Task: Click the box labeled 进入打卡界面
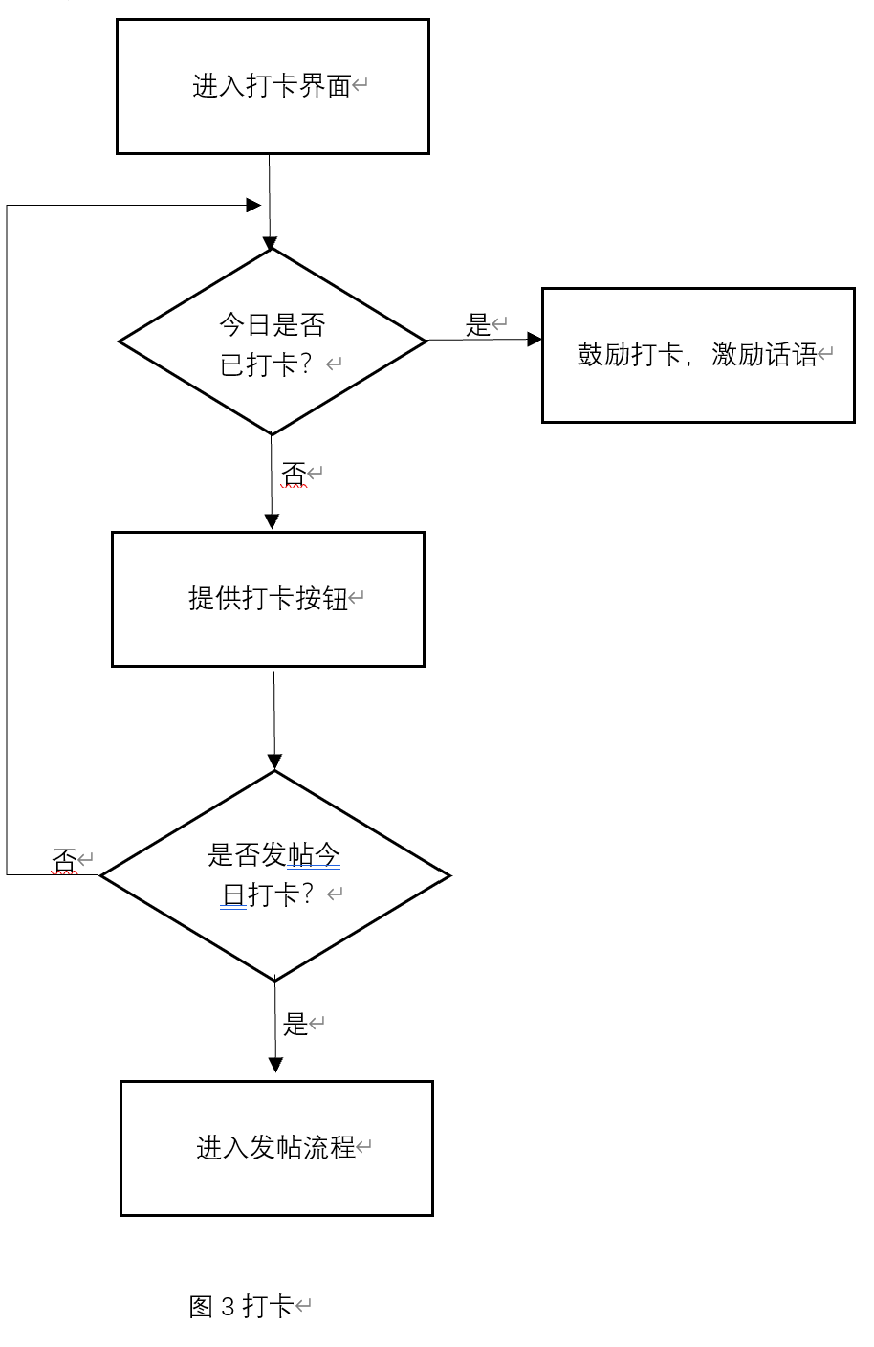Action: tap(273, 86)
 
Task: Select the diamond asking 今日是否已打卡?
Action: tap(273, 342)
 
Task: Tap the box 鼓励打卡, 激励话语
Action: tap(698, 355)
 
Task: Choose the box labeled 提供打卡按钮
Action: tap(268, 599)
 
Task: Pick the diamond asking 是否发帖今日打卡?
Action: tap(275, 875)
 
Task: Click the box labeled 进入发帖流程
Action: tap(276, 1148)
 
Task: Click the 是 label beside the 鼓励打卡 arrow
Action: tap(478, 325)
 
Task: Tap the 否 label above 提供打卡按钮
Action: tap(294, 474)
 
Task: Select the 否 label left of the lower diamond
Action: tap(64, 861)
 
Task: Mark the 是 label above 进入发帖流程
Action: tap(295, 1025)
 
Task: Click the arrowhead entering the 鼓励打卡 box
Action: tap(535, 340)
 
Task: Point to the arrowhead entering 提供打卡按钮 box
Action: tap(272, 521)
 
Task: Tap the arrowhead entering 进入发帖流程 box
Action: tap(275, 1065)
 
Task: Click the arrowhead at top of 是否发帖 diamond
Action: tap(274, 762)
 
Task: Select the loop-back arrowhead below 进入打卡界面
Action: tap(253, 205)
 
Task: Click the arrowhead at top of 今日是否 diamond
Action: tap(271, 241)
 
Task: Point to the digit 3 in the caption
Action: tap(227, 1306)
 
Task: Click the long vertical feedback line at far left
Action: tap(8, 536)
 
